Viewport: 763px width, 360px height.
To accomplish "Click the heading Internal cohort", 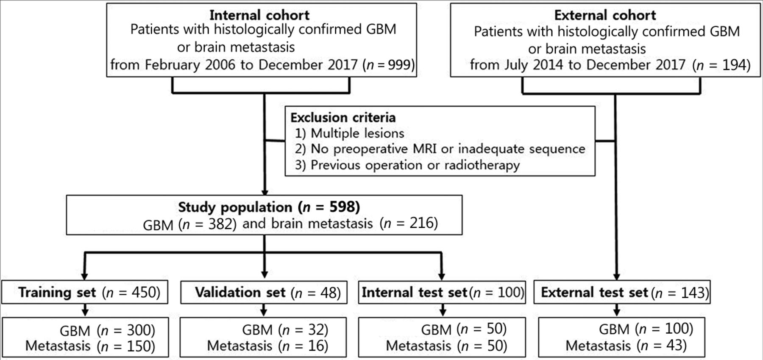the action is click(259, 15).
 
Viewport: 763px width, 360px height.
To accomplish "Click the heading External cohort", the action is click(605, 15).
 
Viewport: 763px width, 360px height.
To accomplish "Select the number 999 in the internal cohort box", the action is click(399, 65).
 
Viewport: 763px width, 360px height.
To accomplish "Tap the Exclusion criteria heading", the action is click(343, 117).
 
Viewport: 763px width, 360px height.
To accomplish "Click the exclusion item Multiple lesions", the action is click(357, 133).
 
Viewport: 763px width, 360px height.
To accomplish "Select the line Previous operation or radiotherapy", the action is click(415, 165).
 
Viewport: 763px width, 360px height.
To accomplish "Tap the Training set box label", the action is click(57, 292).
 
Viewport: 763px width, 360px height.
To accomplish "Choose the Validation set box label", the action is click(240, 292).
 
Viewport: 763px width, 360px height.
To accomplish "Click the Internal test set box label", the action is click(414, 292).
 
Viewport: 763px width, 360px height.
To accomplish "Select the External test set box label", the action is click(594, 292).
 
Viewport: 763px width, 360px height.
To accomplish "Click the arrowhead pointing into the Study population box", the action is click(265, 192).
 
